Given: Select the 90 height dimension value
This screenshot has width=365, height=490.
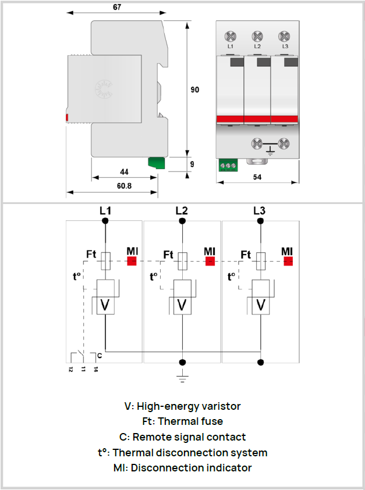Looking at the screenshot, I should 195,90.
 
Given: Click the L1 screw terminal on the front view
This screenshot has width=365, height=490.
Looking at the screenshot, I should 231,34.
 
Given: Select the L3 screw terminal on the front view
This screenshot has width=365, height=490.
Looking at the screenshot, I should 285,34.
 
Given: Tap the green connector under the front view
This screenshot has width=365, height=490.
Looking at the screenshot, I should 227,166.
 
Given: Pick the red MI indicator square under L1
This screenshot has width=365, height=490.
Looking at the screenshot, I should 132,260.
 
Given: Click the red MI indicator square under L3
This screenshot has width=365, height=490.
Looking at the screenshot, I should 287,260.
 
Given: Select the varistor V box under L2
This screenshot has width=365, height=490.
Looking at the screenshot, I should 183,305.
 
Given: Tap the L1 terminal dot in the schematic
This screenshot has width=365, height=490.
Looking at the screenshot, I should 105,221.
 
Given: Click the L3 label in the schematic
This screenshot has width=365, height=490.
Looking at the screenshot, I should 259,210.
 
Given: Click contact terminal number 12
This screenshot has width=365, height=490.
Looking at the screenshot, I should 70,369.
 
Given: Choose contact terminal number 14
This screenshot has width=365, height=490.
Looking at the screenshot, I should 95,369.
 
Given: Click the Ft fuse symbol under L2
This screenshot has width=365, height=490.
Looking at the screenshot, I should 183,261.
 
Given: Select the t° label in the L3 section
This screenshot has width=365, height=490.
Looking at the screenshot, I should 232,276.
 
